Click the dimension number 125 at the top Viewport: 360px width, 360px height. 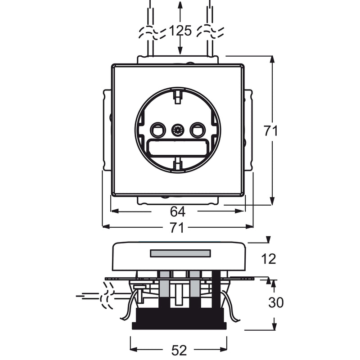pos(180,31)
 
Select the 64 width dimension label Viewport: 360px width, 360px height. pos(177,211)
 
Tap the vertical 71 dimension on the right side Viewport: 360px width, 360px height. pos(270,130)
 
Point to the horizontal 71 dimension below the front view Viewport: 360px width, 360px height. pos(177,228)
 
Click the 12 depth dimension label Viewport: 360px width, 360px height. pos(268,259)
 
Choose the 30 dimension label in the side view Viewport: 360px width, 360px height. pos(276,302)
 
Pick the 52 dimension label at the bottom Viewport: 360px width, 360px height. pos(179,351)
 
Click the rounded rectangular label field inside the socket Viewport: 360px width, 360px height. pos(177,148)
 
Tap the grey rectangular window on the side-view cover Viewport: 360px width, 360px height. pos(180,253)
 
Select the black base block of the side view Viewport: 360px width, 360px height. pos(179,319)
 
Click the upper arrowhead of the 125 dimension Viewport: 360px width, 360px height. pos(180,5)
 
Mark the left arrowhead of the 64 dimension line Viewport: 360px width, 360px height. pos(115,211)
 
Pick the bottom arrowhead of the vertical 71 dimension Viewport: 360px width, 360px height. pos(272,201)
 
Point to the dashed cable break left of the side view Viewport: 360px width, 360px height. pos(107,296)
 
